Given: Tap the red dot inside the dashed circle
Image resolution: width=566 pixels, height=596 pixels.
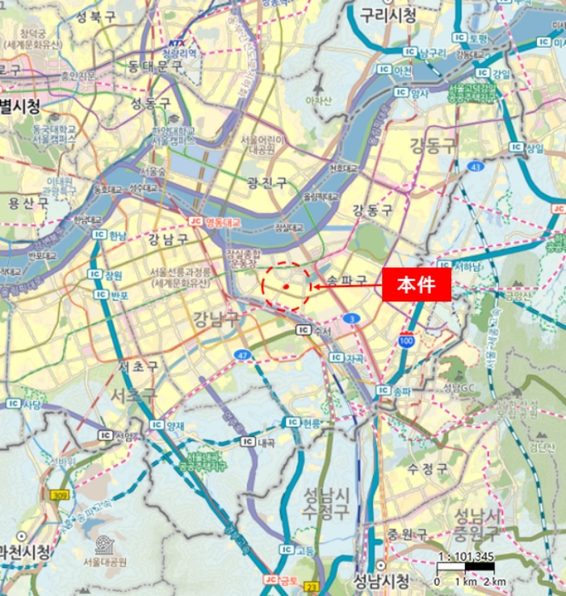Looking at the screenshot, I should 288,287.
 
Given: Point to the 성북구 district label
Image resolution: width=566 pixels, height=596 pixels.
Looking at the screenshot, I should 95,17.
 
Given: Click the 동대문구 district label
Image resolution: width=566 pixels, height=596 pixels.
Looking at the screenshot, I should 157,66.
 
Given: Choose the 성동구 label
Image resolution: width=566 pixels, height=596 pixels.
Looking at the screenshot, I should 151,103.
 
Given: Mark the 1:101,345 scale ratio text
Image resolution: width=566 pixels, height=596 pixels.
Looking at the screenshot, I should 466,558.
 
